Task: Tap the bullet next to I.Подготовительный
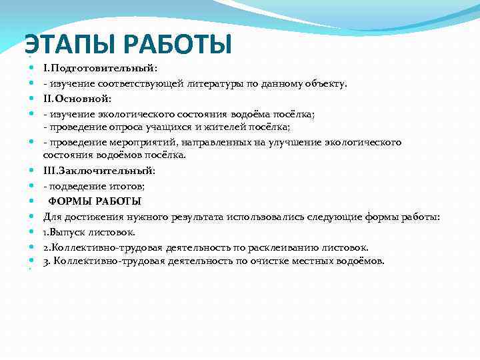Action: pos(32,69)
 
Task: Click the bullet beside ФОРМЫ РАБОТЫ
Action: pos(32,201)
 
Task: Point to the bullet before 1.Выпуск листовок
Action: pos(32,232)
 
